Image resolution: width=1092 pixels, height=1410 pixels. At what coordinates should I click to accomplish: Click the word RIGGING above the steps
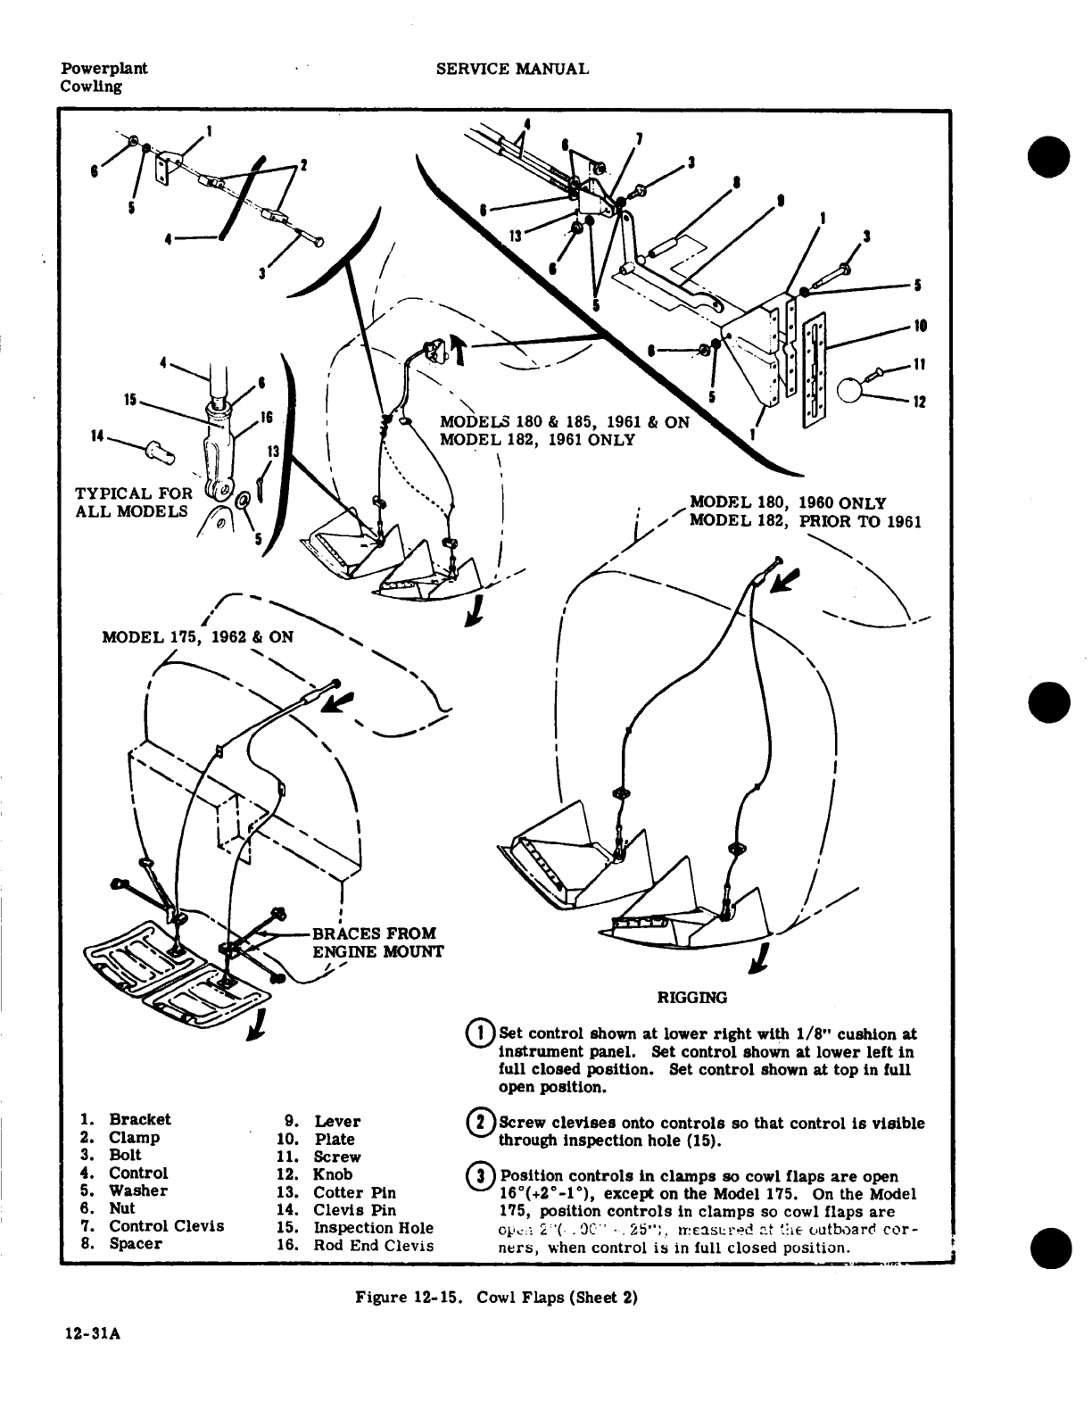pyautogui.click(x=691, y=998)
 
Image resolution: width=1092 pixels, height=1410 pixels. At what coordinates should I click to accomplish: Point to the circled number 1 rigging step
pyautogui.click(x=480, y=1035)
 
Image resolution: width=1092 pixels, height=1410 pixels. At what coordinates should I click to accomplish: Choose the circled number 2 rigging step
pyautogui.click(x=480, y=1124)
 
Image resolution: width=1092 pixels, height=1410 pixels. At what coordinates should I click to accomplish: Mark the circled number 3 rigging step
pyautogui.click(x=480, y=1177)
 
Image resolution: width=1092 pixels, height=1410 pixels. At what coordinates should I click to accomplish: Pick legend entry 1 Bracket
pyautogui.click(x=126, y=1120)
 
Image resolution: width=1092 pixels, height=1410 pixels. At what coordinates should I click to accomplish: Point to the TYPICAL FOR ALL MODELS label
pyautogui.click(x=134, y=502)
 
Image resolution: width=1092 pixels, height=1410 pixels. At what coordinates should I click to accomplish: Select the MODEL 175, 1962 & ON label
pyautogui.click(x=197, y=637)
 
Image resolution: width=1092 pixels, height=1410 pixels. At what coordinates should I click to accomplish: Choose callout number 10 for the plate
pyautogui.click(x=921, y=326)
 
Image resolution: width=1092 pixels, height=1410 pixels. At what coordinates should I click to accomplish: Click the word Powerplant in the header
pyautogui.click(x=104, y=69)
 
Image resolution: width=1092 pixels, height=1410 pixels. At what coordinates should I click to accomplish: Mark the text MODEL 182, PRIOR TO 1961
pyautogui.click(x=806, y=522)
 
